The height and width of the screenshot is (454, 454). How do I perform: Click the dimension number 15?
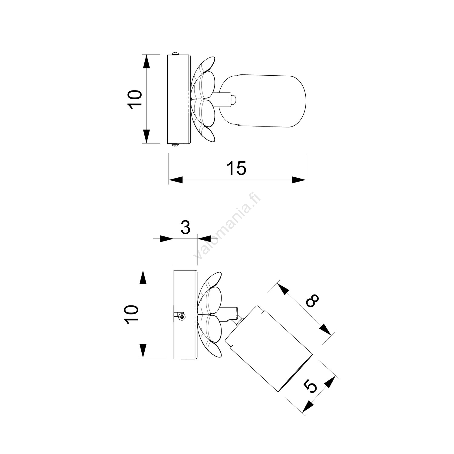pos(237,169)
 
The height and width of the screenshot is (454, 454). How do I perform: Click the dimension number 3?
pos(185,228)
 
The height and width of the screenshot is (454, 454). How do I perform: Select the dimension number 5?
pos(311,387)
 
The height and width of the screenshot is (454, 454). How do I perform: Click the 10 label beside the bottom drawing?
pos(132,314)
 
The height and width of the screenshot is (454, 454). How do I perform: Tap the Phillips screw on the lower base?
pos(182,317)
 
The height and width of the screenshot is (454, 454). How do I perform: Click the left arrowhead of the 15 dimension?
pos(176,180)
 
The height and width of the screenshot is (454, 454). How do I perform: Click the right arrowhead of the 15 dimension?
pos(299,180)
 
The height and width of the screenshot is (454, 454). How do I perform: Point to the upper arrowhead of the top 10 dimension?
pos(146,62)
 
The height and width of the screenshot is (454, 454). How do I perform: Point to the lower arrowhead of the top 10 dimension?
pos(146,136)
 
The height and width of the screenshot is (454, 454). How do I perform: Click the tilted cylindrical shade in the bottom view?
pos(269,348)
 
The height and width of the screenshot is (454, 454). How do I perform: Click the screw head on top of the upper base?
pos(176,54)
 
